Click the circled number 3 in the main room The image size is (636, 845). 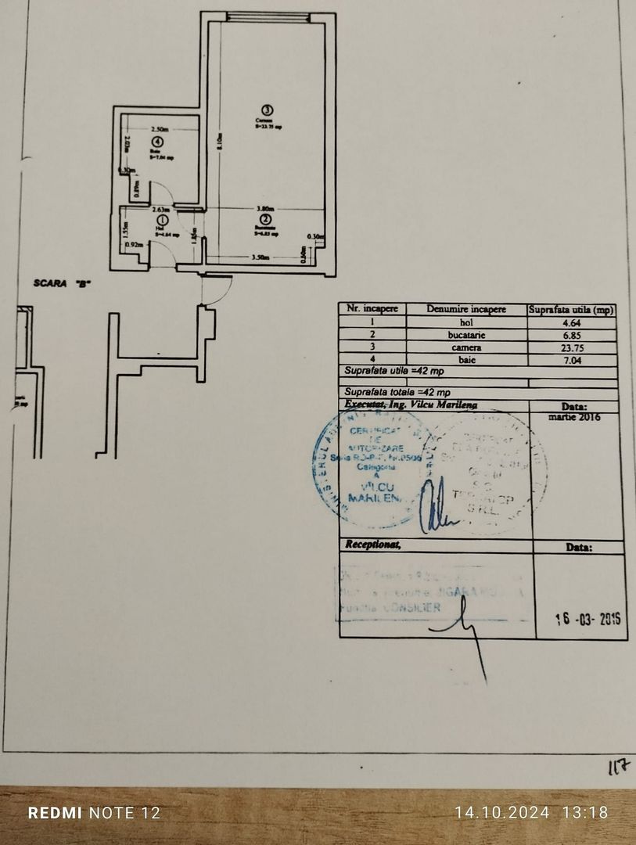268,110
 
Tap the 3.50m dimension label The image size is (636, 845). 261,257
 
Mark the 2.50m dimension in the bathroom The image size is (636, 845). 160,129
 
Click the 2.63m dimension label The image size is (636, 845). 160,209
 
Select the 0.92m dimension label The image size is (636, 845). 134,244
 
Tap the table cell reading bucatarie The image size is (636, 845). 467,334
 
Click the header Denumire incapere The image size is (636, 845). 467,309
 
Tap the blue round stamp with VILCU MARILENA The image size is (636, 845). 368,468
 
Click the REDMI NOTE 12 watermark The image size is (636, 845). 94,813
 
